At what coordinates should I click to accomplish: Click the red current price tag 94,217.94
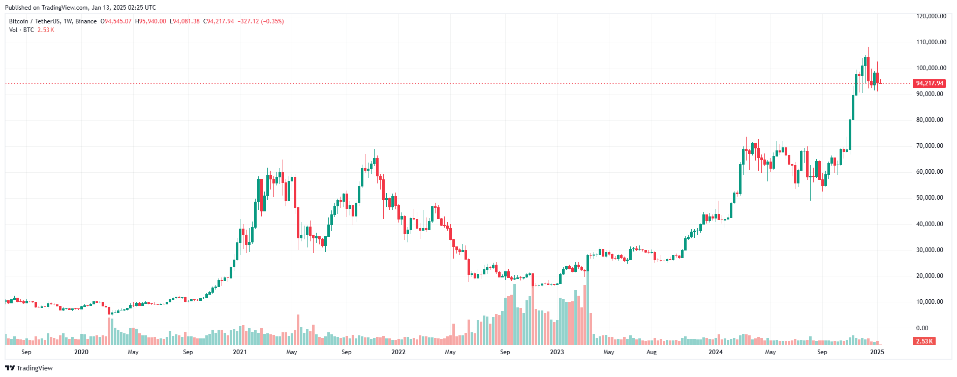pos(929,83)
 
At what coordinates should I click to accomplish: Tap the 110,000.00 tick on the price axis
pos(931,42)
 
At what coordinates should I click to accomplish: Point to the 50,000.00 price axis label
pos(930,198)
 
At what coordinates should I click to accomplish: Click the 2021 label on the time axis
pos(240,352)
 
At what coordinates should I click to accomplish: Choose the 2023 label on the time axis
pos(557,352)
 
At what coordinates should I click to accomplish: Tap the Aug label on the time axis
pos(651,352)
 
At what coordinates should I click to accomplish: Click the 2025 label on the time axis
pos(877,352)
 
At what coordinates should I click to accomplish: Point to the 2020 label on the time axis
pos(81,352)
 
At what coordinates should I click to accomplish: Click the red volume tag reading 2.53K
pos(924,341)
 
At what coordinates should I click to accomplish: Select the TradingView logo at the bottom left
pos(29,368)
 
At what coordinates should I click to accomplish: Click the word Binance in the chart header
pos(86,21)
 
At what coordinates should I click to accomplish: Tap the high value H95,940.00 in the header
pos(151,21)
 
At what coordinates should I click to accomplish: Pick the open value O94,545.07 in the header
pos(116,21)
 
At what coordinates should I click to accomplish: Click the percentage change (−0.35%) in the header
pos(272,21)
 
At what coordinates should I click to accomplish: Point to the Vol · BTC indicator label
pos(21,30)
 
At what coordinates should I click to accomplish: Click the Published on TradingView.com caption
pos(80,8)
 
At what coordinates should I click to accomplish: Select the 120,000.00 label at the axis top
pos(931,16)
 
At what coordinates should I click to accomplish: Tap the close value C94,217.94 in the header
pos(219,21)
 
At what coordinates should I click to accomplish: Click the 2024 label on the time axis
pos(716,352)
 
